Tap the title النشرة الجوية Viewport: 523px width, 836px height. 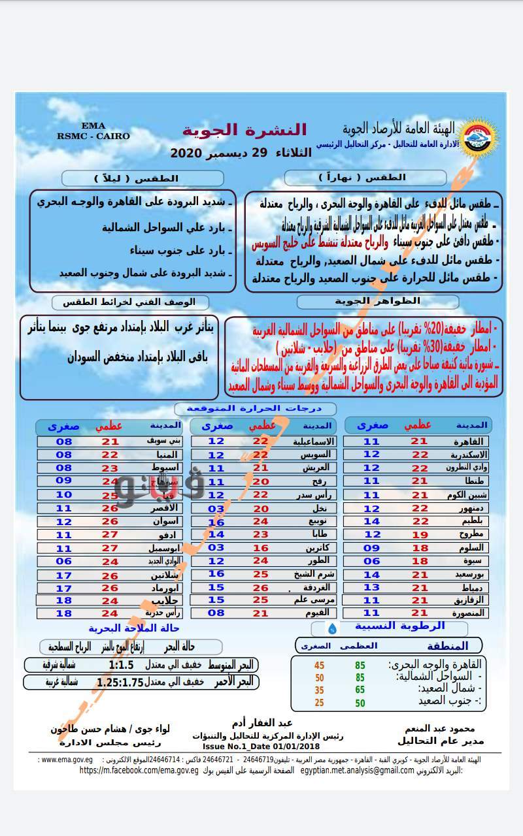click(x=244, y=130)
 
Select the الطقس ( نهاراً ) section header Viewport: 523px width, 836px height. click(x=365, y=178)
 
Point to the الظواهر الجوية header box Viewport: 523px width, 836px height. click(x=377, y=302)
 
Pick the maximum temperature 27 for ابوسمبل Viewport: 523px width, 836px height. click(x=109, y=549)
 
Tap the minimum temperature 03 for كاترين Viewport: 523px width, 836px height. click(x=216, y=548)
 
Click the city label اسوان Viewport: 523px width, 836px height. click(x=163, y=522)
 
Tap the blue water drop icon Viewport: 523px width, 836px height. click(x=333, y=628)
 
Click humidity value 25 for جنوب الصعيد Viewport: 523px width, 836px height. click(x=319, y=702)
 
